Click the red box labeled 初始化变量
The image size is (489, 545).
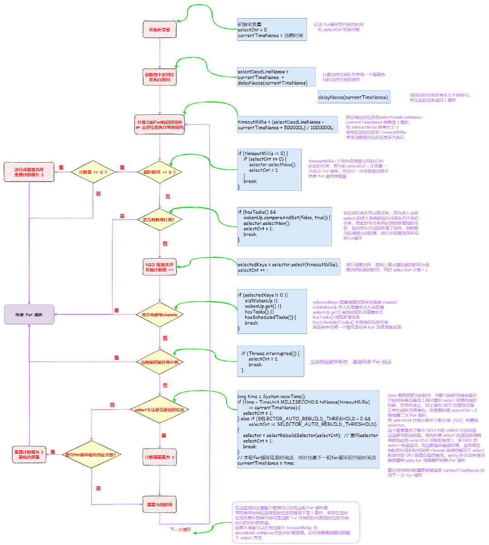pos(159,30)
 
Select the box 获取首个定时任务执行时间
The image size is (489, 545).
pos(159,77)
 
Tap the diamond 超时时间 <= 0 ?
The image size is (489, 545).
pos(159,172)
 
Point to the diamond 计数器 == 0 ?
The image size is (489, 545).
pos(93,172)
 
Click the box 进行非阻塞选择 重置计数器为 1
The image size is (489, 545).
pos(29,172)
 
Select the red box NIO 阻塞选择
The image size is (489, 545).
pos(159,267)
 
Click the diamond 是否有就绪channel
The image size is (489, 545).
pos(159,314)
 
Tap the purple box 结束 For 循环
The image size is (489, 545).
pos(29,314)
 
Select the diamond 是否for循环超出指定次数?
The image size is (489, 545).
pos(92,454)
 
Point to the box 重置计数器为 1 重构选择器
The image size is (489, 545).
pos(29,454)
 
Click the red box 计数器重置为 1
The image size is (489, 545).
pos(159,457)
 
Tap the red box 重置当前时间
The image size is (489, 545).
pos(159,504)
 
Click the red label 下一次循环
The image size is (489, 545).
pos(180,529)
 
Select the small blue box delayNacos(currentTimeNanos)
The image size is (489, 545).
pos(353,97)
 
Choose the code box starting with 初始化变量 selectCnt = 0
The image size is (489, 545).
pos(272,30)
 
